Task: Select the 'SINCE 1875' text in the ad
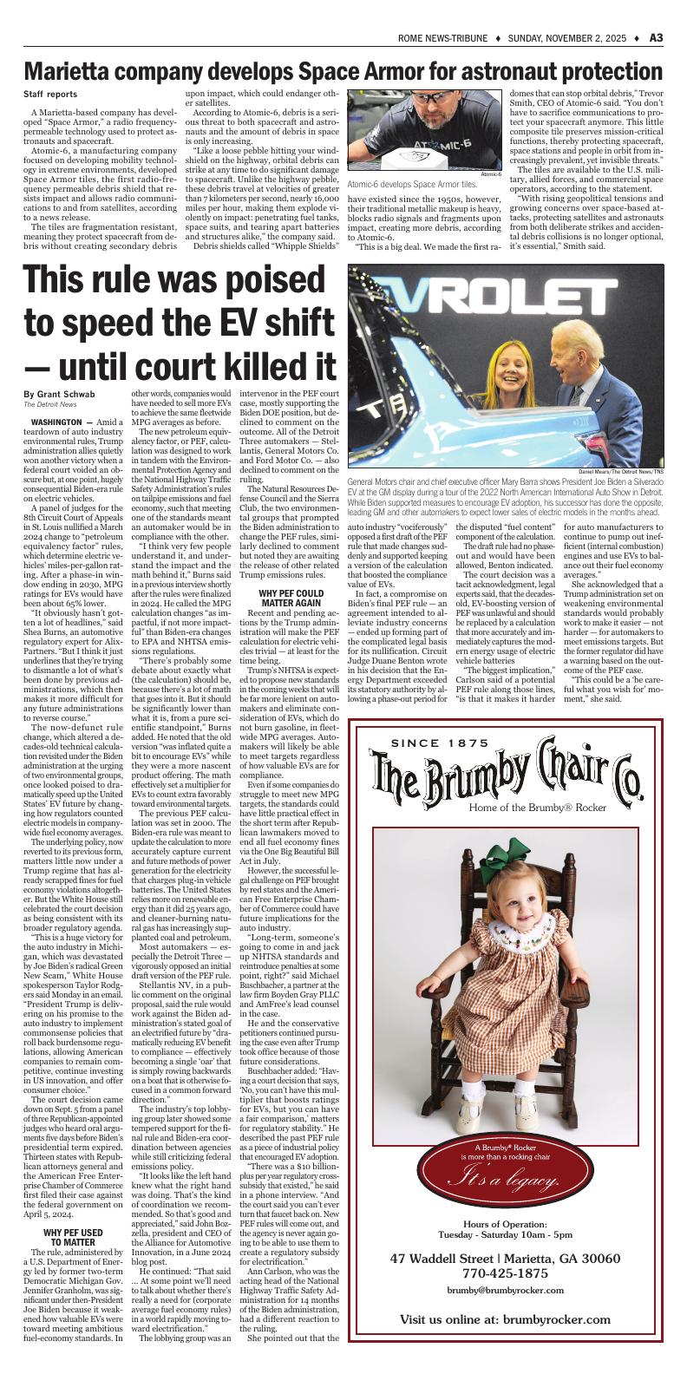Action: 453,718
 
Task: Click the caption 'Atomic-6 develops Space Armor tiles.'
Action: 412,184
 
